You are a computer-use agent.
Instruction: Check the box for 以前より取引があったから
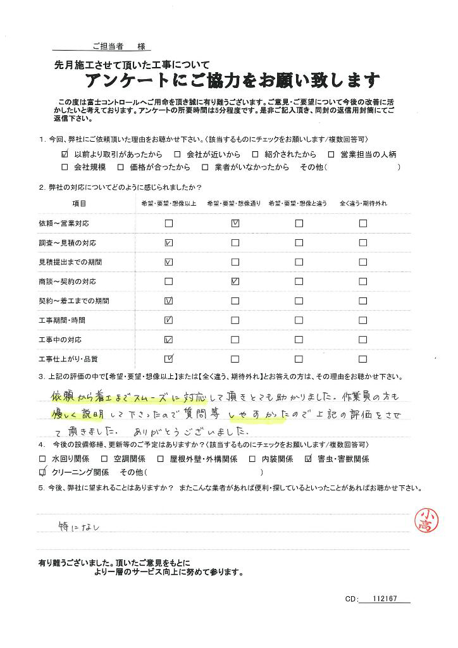(x=65, y=154)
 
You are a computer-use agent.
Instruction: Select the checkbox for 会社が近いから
(x=178, y=154)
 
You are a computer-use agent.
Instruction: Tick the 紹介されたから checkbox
(x=255, y=154)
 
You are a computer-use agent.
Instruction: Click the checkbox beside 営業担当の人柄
(x=331, y=154)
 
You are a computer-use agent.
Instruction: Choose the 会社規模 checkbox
(x=65, y=167)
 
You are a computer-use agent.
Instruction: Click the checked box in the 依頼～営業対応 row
(x=235, y=223)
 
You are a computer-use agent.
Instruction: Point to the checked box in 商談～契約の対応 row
(x=235, y=281)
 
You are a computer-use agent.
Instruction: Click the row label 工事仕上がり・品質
(x=68, y=359)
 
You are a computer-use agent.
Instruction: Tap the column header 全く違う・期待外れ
(x=363, y=203)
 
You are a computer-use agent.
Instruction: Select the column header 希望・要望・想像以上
(x=168, y=203)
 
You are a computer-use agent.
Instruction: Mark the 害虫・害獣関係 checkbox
(x=309, y=459)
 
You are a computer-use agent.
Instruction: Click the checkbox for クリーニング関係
(x=42, y=472)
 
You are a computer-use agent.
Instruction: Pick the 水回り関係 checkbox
(x=42, y=459)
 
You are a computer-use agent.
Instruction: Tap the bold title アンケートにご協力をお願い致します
(x=232, y=80)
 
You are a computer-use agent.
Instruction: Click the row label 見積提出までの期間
(x=70, y=262)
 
